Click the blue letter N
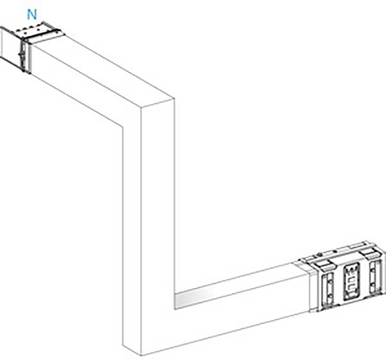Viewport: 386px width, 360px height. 32,15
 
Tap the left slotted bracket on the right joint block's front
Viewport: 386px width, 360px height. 327,289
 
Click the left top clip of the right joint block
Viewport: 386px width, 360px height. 323,265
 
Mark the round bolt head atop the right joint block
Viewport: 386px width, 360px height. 319,254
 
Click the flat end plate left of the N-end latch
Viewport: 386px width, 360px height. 10,46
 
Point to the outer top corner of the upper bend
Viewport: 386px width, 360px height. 174,98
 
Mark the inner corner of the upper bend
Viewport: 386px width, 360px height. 123,127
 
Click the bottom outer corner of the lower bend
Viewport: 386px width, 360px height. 141,355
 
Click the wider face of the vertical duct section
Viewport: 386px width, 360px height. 158,221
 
